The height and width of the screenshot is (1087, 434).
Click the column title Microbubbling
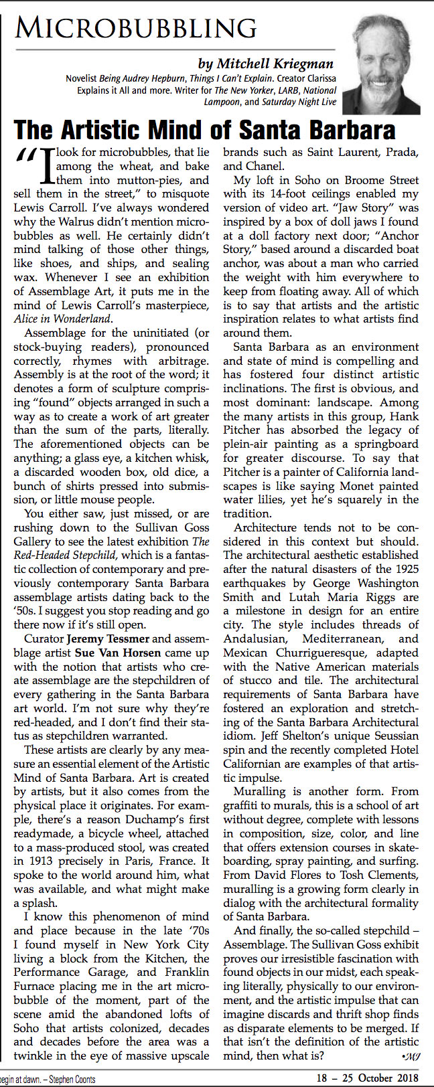[136, 27]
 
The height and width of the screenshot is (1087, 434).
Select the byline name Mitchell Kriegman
[265, 64]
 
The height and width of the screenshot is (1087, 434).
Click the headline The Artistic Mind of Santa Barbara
[204, 129]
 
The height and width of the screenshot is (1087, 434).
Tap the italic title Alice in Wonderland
[58, 319]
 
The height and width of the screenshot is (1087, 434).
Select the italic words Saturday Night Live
[299, 102]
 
